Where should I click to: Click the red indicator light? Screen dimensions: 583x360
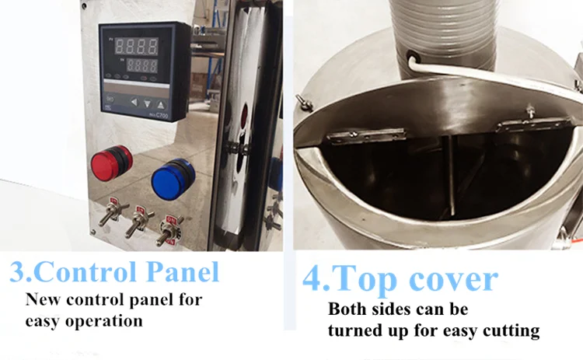111,163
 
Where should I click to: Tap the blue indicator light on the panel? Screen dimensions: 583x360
173,178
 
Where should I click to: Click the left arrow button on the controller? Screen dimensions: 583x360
134,102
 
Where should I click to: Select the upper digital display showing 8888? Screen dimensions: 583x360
136,46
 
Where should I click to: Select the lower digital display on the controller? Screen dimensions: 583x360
142,66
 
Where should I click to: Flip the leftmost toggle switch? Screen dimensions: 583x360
111,213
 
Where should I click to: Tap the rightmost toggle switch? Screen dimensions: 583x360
169,231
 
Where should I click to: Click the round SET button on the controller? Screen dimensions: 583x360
110,99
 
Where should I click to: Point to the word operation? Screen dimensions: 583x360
104,321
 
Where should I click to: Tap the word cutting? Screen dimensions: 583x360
511,330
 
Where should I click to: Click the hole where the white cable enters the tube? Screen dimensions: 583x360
414,57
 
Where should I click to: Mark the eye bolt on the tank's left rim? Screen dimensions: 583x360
304,102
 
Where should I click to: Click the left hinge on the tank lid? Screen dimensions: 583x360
366,135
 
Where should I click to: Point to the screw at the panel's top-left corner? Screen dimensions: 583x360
85,5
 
